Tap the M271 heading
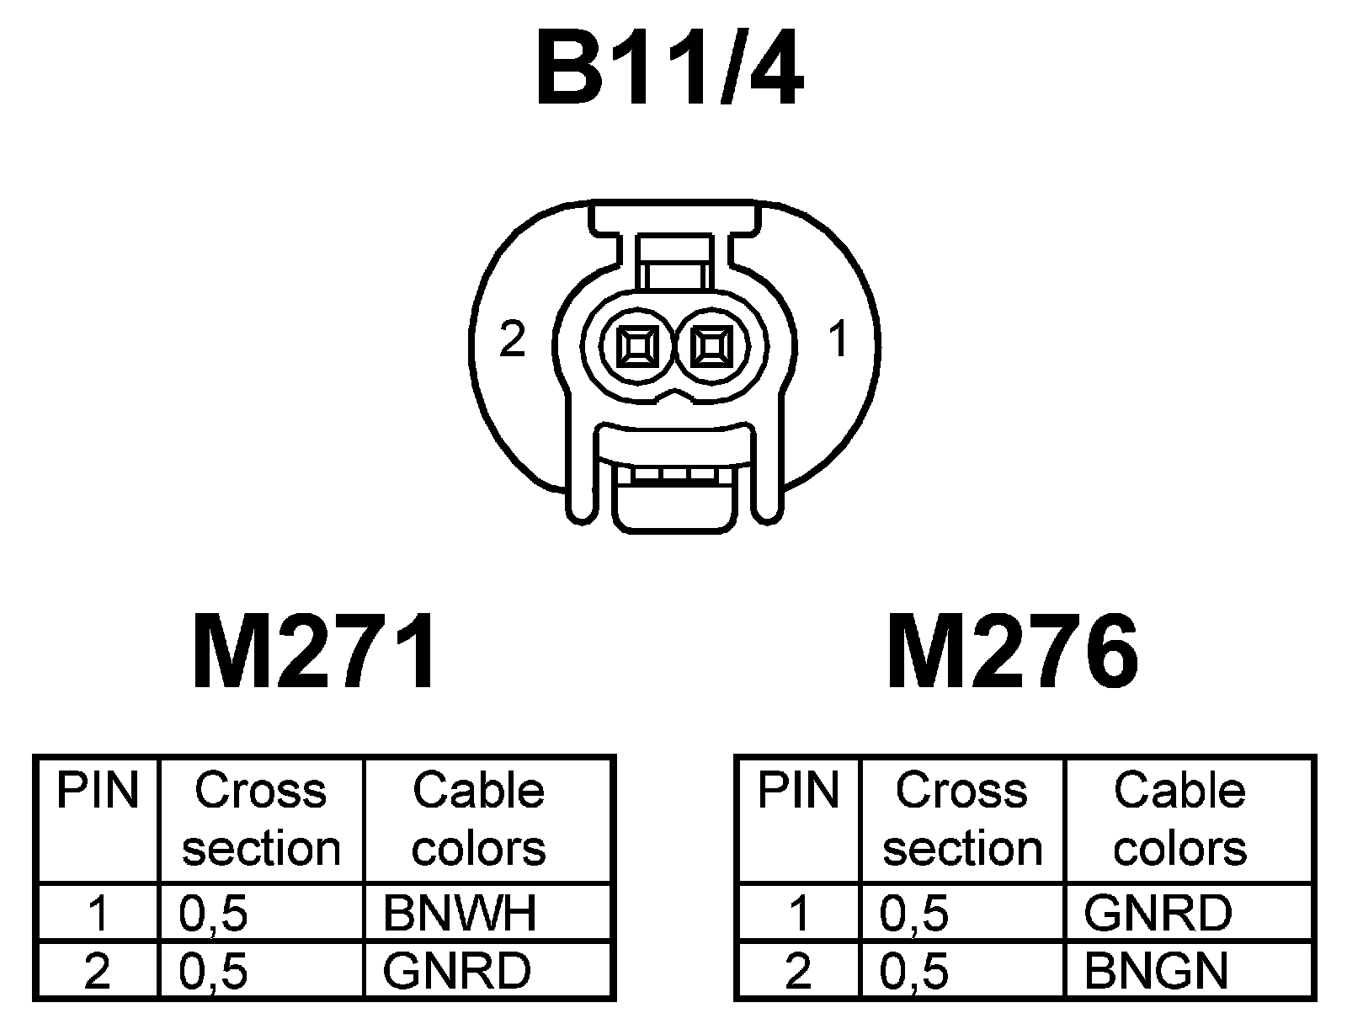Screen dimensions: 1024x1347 [315, 652]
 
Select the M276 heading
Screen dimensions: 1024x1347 [1013, 652]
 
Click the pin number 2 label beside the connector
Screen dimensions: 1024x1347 [512, 340]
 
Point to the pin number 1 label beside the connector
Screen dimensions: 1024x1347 [838, 340]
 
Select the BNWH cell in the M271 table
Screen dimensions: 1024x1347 [460, 913]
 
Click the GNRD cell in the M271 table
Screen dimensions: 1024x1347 [456, 971]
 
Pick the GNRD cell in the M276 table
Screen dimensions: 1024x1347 [1158, 913]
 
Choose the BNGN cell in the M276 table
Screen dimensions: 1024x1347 [1156, 971]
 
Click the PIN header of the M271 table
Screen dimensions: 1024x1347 [97, 792]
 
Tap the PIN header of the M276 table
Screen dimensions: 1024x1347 [798, 792]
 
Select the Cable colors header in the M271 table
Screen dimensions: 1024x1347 [478, 819]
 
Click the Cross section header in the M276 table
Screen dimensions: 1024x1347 [961, 819]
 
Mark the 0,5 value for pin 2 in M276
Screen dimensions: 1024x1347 [914, 971]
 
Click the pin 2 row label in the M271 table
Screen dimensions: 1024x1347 [98, 971]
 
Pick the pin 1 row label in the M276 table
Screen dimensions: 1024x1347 [799, 913]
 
